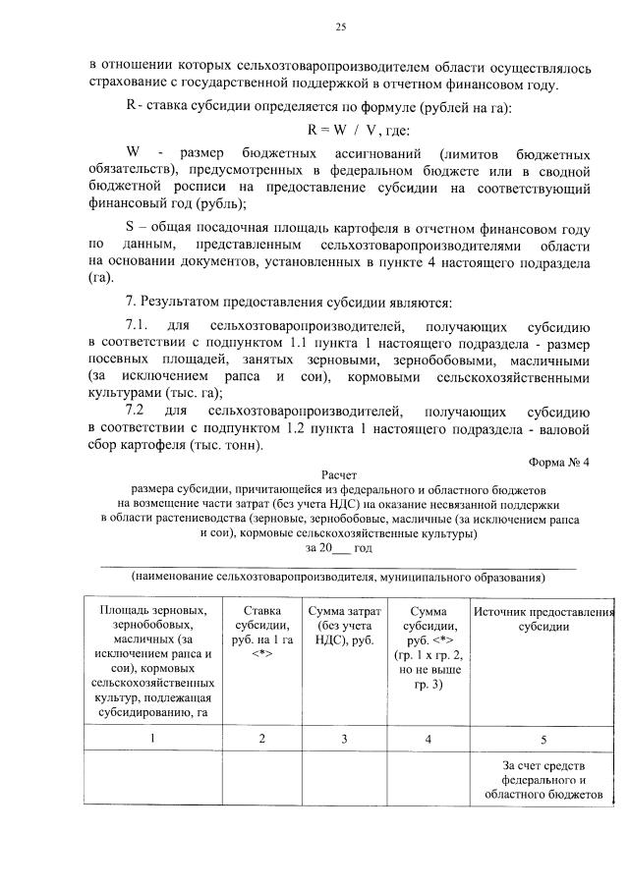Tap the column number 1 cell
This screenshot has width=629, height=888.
[152, 737]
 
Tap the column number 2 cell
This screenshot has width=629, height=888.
[260, 737]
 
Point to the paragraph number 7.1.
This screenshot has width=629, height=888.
[137, 324]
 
